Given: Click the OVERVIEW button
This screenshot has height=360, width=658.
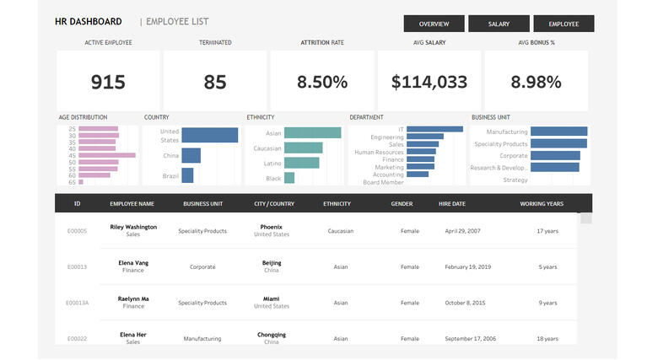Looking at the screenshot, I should [x=434, y=24].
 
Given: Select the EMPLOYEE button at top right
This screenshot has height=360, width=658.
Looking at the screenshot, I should [x=564, y=24].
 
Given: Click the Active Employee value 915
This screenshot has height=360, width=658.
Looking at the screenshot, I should [x=108, y=82].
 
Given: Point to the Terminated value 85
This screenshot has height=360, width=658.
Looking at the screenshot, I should [x=215, y=82].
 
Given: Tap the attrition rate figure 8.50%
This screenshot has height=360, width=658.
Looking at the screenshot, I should [x=321, y=82].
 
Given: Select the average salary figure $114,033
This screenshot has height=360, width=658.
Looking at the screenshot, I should [x=429, y=82].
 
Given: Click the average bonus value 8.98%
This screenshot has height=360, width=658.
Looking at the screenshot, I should [x=536, y=82].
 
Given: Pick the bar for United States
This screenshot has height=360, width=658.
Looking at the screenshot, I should [x=209, y=135].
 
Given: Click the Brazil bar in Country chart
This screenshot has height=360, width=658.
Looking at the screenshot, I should [x=187, y=175].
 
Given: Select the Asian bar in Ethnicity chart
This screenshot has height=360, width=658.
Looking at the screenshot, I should [x=312, y=132].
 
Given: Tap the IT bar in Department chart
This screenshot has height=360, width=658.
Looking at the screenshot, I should [x=434, y=129].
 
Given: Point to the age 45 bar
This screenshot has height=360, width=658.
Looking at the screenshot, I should [x=107, y=155].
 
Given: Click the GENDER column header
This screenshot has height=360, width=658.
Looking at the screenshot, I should [x=402, y=203].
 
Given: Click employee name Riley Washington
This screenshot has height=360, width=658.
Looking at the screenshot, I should [x=133, y=227].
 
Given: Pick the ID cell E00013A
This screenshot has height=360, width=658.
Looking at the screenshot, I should [x=78, y=303].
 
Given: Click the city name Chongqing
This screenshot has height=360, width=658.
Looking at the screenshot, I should [x=272, y=335].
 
